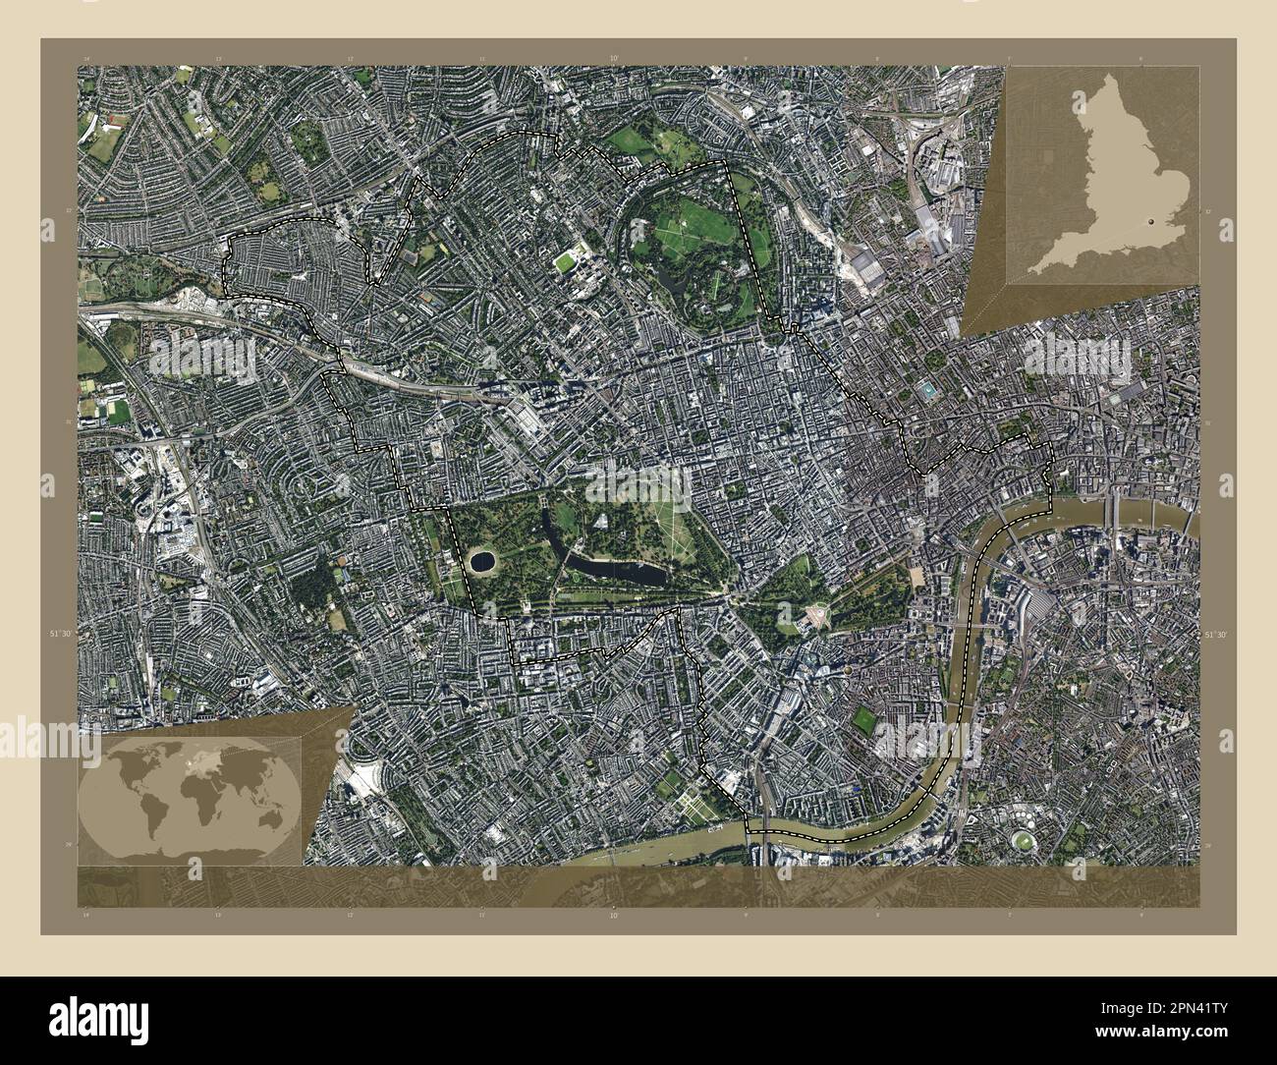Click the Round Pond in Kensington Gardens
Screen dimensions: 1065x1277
coord(481,562)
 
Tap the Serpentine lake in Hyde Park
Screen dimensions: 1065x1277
coord(599,567)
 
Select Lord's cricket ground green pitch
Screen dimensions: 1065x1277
coord(566,262)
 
